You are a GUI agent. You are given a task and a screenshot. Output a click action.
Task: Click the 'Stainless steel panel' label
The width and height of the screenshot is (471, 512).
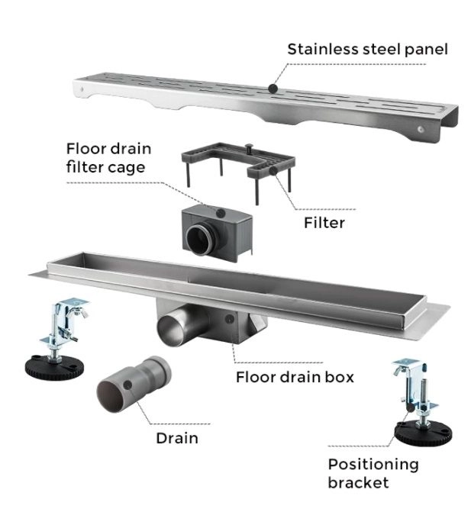click(x=367, y=50)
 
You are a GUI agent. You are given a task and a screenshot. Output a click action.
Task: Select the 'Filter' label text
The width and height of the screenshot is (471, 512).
click(x=324, y=223)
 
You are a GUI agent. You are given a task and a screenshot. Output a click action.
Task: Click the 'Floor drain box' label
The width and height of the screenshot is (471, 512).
click(x=295, y=377)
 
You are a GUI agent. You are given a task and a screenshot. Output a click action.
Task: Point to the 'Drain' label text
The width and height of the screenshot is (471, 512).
click(x=177, y=438)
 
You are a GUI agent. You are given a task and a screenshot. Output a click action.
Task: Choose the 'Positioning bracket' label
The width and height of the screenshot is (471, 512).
click(x=373, y=473)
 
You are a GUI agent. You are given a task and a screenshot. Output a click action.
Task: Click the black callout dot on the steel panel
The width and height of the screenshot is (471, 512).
click(x=273, y=89)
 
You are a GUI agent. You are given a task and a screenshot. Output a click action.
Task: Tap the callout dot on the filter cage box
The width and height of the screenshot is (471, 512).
click(x=221, y=211)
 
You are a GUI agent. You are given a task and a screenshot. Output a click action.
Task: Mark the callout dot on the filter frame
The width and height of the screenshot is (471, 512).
click(x=272, y=171)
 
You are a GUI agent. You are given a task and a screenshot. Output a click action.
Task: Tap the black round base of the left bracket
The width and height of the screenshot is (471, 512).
click(x=53, y=367)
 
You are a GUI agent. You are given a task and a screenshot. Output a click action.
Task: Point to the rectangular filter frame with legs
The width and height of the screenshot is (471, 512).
click(x=237, y=161)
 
